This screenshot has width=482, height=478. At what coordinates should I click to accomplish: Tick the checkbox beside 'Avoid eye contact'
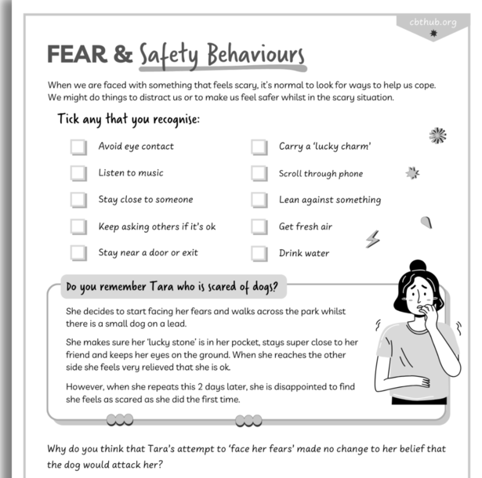click(78, 147)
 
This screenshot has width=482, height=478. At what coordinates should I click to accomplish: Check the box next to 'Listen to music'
click(78, 173)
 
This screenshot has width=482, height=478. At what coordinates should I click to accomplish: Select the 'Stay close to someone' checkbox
click(78, 200)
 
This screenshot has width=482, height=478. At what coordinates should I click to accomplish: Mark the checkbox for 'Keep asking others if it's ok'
click(78, 226)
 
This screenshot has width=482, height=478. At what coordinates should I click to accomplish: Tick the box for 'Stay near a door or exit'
click(78, 253)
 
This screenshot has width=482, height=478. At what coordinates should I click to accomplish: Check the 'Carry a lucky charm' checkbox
click(259, 147)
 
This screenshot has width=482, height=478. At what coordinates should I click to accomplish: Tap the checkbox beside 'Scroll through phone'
click(259, 174)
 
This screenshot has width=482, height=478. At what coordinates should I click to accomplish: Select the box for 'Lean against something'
click(259, 200)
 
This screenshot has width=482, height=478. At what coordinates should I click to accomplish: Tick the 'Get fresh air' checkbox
click(259, 227)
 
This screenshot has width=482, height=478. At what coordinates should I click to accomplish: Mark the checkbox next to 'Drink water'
click(259, 254)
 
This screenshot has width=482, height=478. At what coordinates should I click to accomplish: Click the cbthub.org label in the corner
click(433, 21)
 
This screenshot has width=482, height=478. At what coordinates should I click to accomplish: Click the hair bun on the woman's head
click(418, 266)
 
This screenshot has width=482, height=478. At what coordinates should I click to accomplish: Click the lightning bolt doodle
click(373, 239)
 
